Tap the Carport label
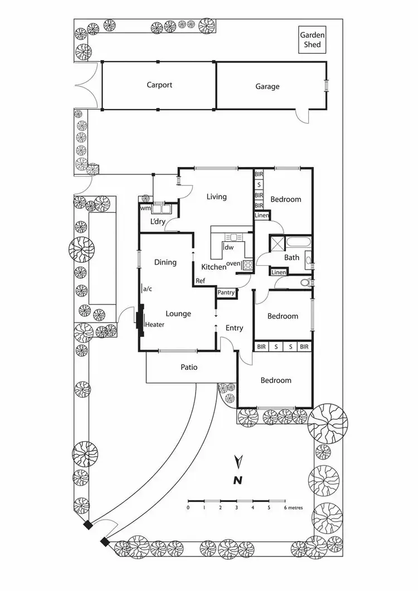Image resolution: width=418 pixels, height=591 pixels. (x=159, y=85)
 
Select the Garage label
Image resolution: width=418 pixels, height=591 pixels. (x=268, y=87)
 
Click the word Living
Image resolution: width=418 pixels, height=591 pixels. (x=216, y=197)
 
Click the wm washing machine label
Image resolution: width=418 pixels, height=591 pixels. (x=145, y=208)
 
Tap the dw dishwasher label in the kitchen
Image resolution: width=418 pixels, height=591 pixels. (x=229, y=247)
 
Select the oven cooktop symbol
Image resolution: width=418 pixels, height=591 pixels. (x=247, y=265)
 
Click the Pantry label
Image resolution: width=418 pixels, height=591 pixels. (x=226, y=292)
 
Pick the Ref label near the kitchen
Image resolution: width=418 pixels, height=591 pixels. (x=201, y=280)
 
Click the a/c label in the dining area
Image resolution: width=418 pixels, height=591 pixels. (x=148, y=289)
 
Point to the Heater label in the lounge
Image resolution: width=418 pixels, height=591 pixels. (x=155, y=325)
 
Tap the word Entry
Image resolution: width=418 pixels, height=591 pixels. (x=234, y=328)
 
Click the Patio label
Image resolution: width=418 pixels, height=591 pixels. (x=189, y=367)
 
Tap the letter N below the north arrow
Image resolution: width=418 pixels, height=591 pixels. (x=238, y=480)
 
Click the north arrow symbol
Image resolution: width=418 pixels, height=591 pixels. (x=239, y=462)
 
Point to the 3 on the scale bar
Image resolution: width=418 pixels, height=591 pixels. (x=236, y=507)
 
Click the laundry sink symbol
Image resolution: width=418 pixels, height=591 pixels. (x=163, y=209)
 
